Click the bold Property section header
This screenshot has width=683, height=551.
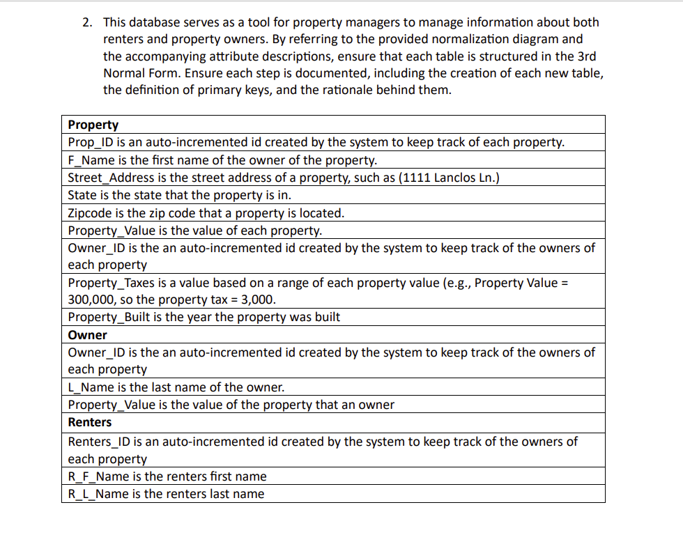click(x=93, y=125)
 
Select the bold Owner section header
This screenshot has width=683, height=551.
click(x=88, y=335)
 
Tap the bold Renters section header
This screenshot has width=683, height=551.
click(x=90, y=422)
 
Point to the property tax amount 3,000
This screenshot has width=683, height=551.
click(x=259, y=300)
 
